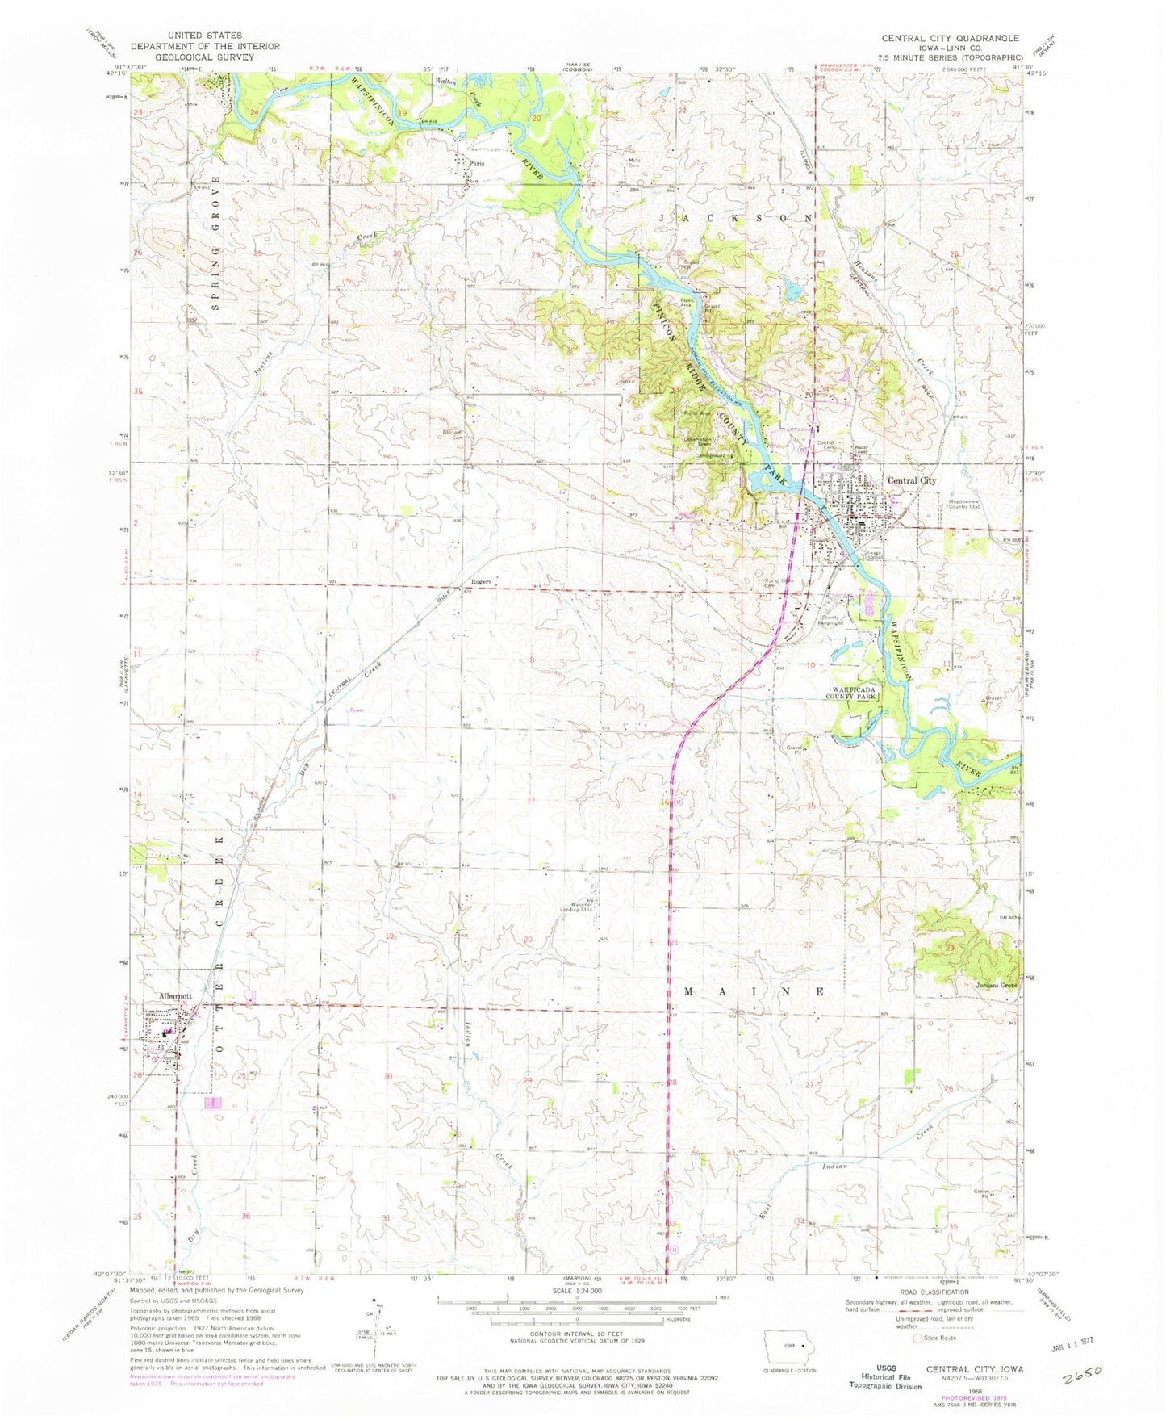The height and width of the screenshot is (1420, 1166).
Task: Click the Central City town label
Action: pos(912,480)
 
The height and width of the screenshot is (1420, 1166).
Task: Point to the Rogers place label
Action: pos(482,582)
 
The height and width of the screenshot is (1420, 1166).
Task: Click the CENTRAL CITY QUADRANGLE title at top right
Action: pos(950,38)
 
